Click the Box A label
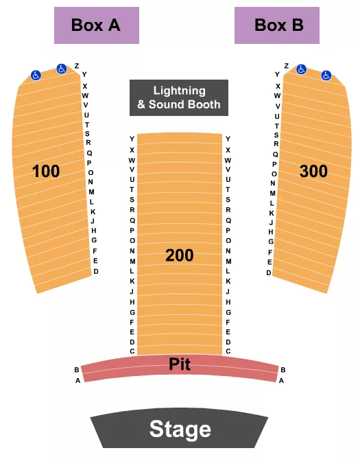click(96, 25)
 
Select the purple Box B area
click(278, 25)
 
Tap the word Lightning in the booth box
click(179, 91)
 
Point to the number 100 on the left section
click(47, 172)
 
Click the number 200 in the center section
click(180, 255)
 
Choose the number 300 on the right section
click(313, 172)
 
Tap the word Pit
click(180, 364)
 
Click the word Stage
click(180, 430)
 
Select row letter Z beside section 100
click(76, 66)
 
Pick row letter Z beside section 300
click(286, 66)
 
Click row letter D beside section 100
click(96, 272)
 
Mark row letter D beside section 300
click(269, 272)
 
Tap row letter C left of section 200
click(132, 351)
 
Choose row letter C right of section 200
click(228, 351)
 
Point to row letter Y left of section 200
click(132, 139)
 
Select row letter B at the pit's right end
click(283, 370)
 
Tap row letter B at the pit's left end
click(76, 370)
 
